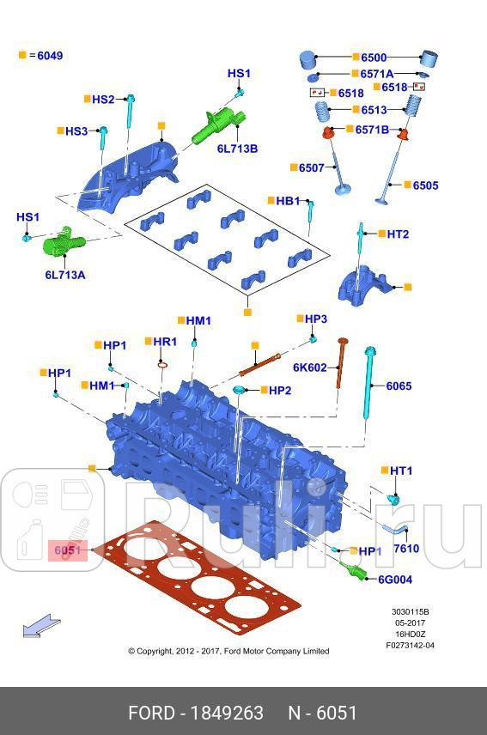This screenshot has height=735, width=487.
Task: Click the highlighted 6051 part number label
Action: [67, 550]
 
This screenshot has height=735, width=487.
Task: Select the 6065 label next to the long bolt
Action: [399, 386]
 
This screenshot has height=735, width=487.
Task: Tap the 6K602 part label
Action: [309, 367]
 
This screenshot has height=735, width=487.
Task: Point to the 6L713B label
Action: [237, 149]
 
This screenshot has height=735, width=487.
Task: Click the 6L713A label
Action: [65, 275]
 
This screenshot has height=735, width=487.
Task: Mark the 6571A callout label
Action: [376, 74]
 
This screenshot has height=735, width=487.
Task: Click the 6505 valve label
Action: [425, 185]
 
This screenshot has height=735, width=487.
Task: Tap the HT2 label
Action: [397, 234]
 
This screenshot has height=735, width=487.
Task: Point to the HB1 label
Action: [288, 201]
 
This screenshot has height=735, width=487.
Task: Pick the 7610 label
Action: [406, 548]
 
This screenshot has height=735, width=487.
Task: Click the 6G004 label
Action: [395, 580]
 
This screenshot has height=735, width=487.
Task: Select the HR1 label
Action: [164, 342]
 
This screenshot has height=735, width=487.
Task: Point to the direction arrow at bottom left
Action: [41, 627]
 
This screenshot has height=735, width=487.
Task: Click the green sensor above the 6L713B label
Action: [220, 123]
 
